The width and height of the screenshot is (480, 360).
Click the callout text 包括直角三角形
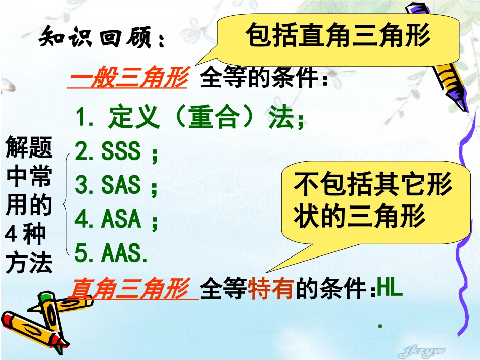tap(338, 36)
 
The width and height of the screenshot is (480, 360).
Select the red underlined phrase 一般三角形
tap(128, 80)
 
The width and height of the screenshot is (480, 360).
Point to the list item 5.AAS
tap(111, 253)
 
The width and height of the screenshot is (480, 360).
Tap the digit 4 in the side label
tap(11, 234)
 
